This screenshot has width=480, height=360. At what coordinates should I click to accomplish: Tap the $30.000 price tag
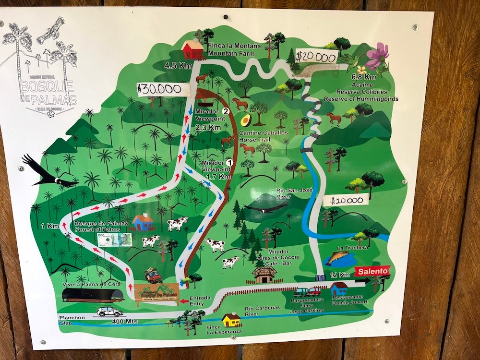[159, 89]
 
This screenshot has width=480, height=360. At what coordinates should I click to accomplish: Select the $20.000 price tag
[316, 57]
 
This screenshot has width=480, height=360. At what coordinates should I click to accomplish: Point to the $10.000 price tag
[349, 199]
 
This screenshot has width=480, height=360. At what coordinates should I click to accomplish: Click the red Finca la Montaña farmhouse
[192, 49]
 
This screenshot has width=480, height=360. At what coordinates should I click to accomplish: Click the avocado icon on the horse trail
[246, 120]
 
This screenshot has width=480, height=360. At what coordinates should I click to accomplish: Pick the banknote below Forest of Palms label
[115, 240]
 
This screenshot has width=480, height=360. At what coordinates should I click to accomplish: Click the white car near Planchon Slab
[109, 311]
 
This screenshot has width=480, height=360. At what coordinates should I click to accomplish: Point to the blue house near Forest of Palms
[142, 222]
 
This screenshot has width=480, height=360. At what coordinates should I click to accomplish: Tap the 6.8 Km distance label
[363, 77]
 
